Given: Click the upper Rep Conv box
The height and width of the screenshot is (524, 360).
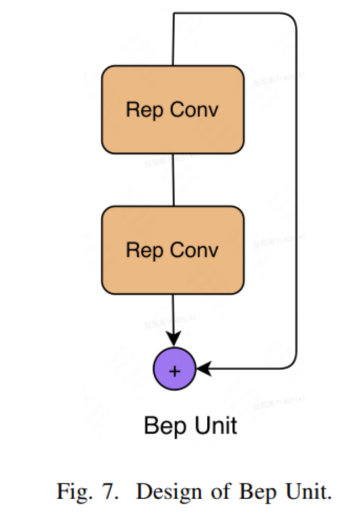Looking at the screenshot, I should tap(173, 110).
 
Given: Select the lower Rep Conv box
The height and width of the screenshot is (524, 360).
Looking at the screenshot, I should tap(173, 250).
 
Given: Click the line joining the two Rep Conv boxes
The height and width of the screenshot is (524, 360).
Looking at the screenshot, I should tap(173, 180).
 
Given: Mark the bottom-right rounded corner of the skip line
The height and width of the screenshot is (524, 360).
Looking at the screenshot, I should tap(294, 365).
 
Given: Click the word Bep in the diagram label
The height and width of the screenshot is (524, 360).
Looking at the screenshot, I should tap(162, 426).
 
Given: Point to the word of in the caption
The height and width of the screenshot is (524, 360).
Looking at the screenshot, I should tap(220, 492).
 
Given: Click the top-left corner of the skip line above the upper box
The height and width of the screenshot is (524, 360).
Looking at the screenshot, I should tap(174, 14).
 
